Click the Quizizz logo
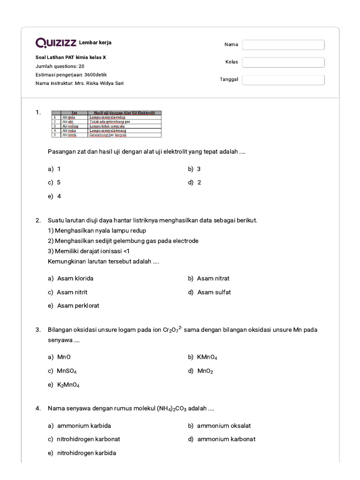tap(56, 43)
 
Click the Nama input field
tap(283, 45)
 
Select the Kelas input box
tap(283, 62)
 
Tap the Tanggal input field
tap(283, 80)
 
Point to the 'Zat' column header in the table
tap(74, 113)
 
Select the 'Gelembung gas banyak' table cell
tap(108, 135)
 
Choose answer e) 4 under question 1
tap(54, 196)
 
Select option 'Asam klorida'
tap(75, 278)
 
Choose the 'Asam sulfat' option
tap(214, 292)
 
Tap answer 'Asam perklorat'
tap(78, 306)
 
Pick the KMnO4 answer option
tap(207, 357)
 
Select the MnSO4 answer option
tap(67, 371)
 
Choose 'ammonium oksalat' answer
tap(224, 426)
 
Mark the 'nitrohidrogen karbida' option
tap(86, 453)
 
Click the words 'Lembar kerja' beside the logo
tap(95, 43)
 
